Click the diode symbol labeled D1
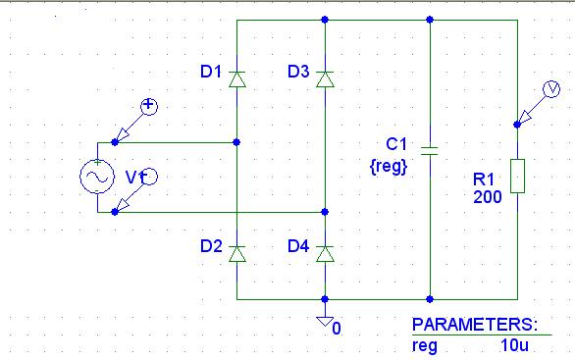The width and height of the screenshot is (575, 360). click(x=237, y=79)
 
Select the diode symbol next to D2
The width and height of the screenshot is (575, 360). click(x=237, y=254)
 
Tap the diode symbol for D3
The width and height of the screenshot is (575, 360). click(x=325, y=79)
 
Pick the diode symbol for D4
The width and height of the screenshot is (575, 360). click(x=325, y=254)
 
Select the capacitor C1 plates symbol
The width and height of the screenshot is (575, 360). click(x=430, y=151)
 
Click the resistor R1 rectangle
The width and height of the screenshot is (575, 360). click(x=517, y=176)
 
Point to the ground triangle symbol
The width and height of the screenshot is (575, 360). click(x=325, y=322)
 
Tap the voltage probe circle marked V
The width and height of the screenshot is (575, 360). click(x=551, y=89)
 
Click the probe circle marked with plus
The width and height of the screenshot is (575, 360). click(x=149, y=107)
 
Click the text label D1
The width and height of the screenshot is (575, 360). click(x=211, y=72)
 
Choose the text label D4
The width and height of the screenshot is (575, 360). click(x=298, y=246)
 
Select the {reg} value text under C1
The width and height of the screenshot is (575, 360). click(x=389, y=167)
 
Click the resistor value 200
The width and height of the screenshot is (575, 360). click(x=488, y=197)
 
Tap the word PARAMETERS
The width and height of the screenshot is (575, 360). click(x=475, y=325)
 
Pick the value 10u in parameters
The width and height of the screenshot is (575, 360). click(x=514, y=345)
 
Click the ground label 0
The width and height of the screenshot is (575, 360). click(x=337, y=329)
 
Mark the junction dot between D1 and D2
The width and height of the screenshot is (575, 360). click(x=236, y=142)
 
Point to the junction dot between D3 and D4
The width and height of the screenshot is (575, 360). click(x=325, y=212)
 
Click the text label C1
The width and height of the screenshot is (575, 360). click(x=396, y=144)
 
